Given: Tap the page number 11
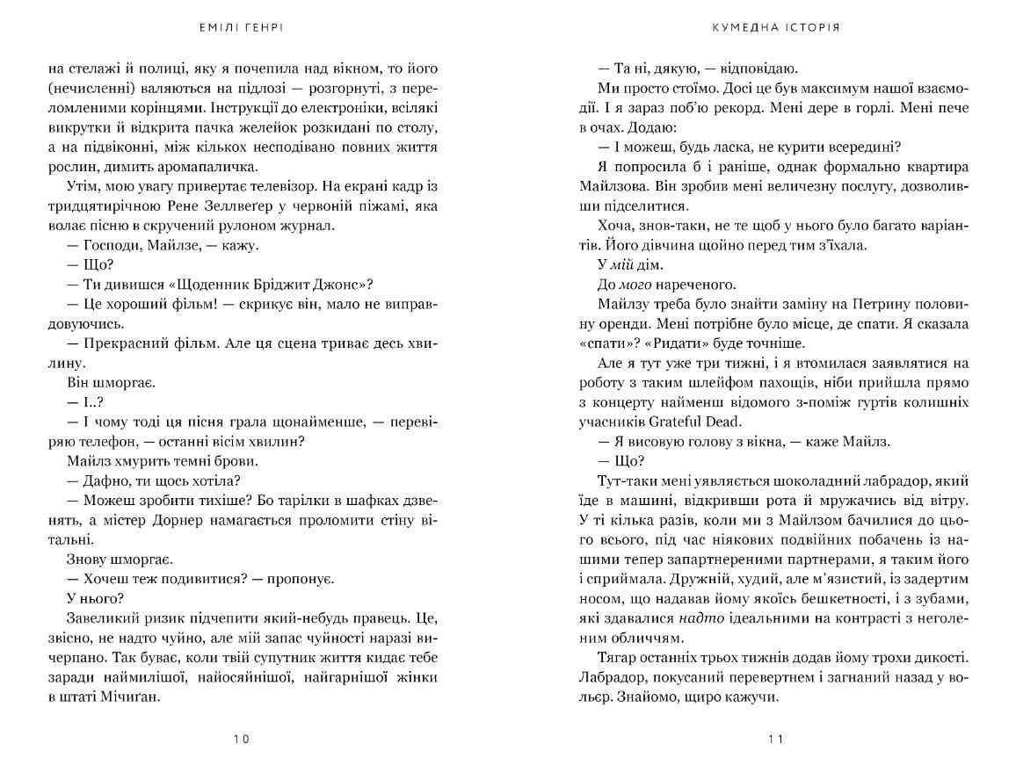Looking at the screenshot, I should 774,739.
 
